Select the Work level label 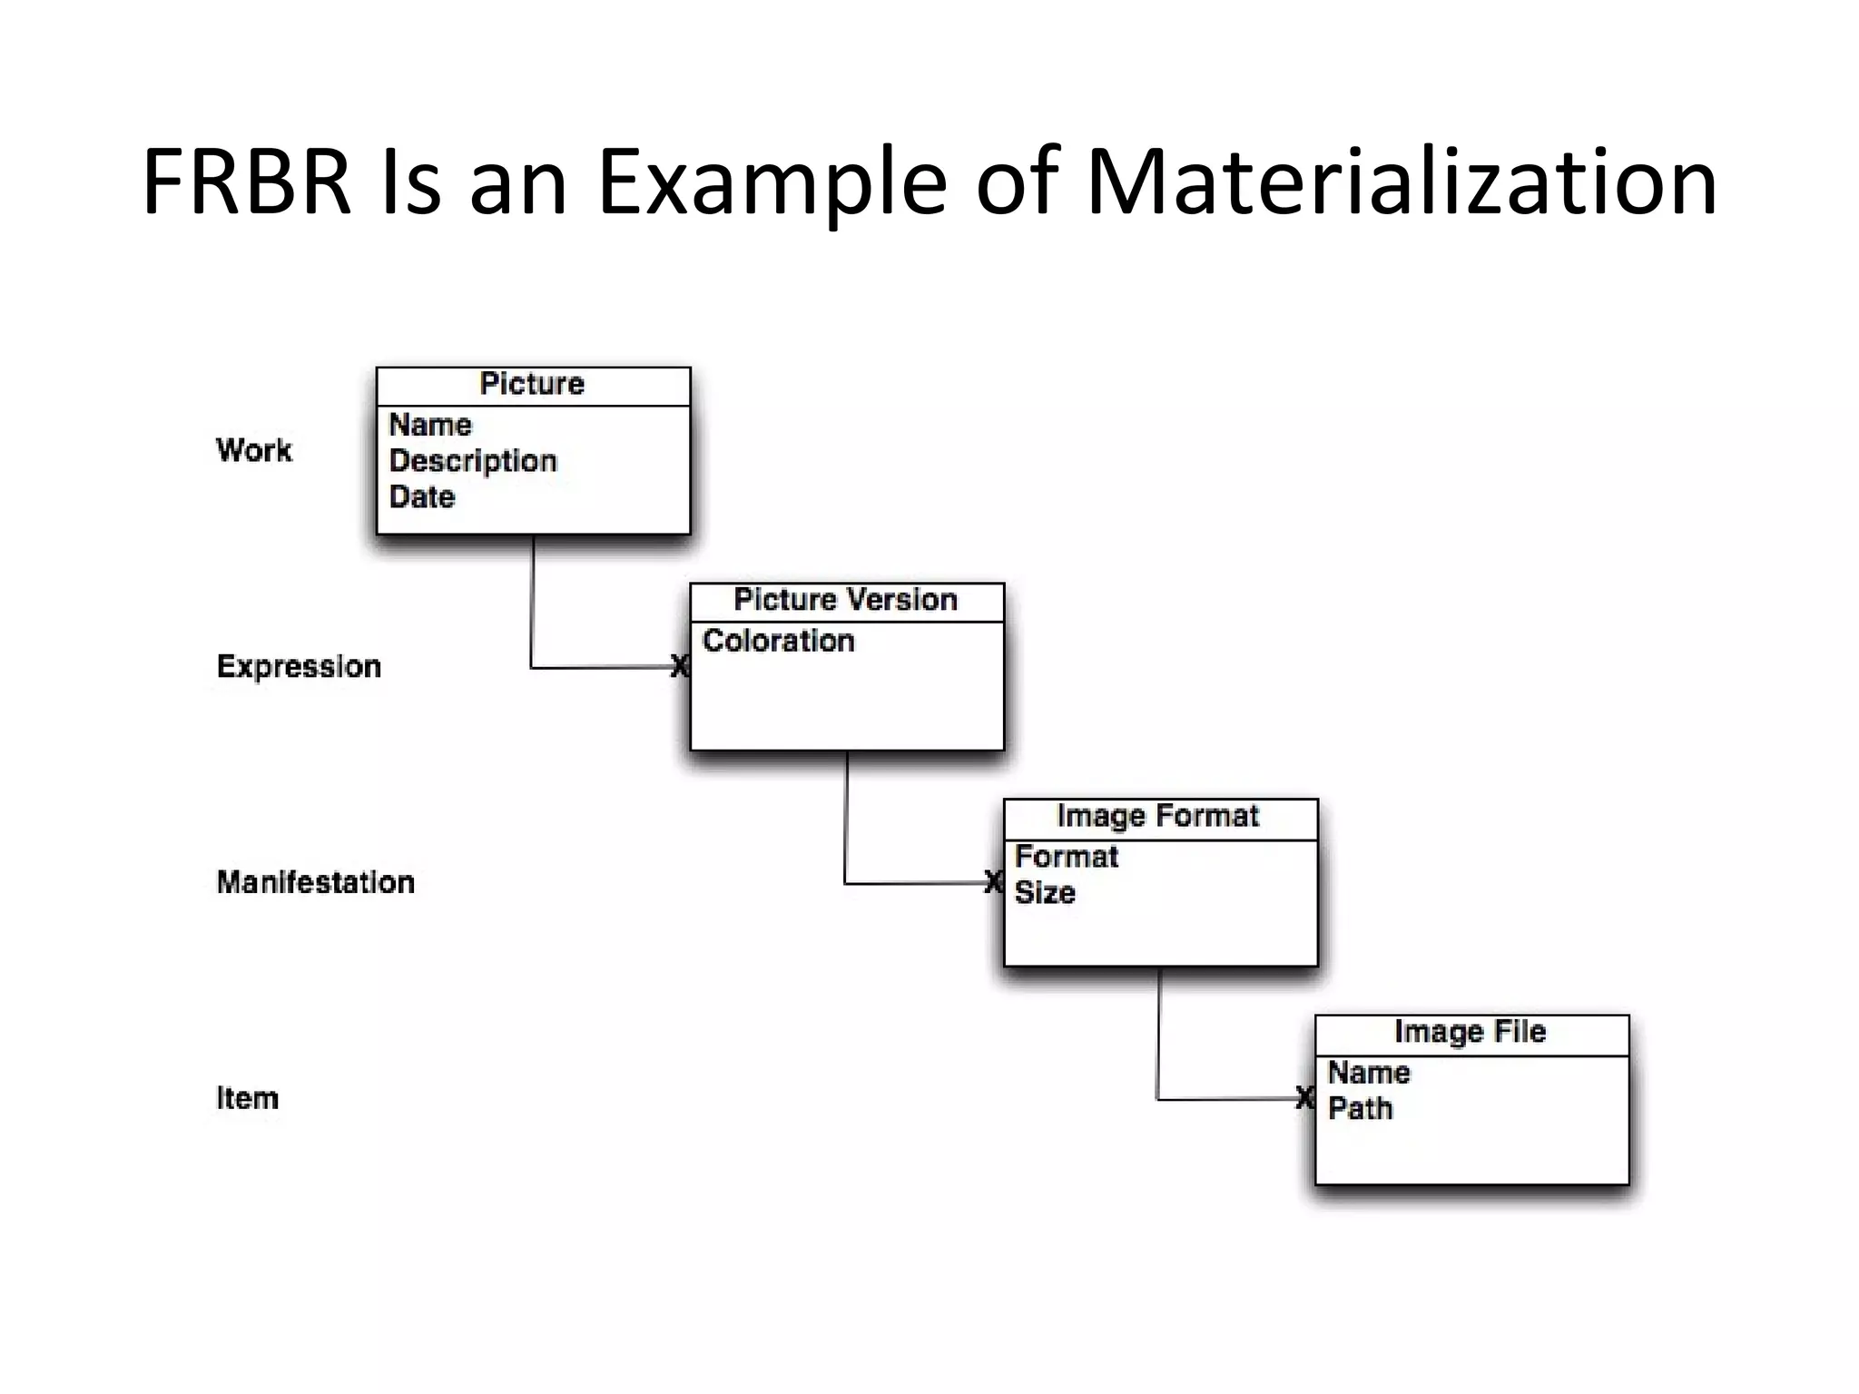254,450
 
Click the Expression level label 299,666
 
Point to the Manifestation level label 315,882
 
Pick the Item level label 247,1098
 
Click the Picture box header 533,385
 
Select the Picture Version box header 846,600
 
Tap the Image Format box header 1158,817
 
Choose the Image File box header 1470,1032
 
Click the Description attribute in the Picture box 473,461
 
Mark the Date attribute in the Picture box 422,497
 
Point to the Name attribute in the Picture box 430,425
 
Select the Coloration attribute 779,641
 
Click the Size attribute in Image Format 1045,893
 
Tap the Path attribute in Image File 1360,1108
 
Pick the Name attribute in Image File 1369,1073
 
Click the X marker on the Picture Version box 679,666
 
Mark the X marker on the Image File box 1304,1097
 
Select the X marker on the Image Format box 993,881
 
